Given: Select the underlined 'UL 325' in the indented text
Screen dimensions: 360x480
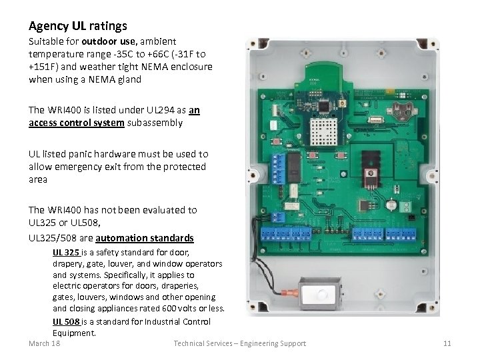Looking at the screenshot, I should (67, 253).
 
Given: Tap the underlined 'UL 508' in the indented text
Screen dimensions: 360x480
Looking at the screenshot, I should (67, 321).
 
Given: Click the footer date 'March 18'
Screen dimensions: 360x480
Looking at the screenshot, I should (45, 343).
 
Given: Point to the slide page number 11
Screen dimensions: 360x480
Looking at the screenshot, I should (447, 343).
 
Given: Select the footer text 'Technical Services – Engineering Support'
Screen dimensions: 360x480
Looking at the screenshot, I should (239, 343).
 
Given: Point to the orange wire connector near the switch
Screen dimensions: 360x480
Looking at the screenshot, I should (289, 292).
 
